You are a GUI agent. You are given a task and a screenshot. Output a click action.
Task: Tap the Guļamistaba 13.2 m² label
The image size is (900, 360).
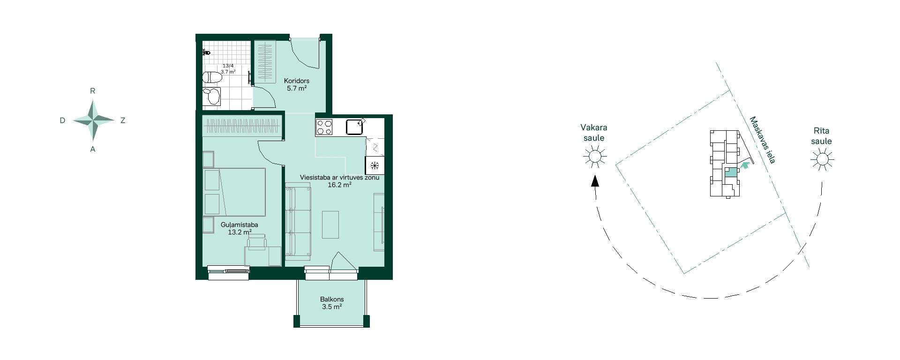(x=240, y=228)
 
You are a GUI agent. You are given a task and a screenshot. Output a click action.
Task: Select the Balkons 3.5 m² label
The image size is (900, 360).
(x=332, y=303)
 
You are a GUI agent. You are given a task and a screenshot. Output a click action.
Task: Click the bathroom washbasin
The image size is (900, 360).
(x=212, y=96)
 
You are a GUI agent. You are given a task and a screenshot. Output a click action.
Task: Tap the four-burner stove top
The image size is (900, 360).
(x=324, y=127)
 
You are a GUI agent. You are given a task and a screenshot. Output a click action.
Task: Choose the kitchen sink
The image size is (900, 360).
(x=355, y=127)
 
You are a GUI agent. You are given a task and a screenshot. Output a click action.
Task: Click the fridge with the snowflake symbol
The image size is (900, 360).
(x=375, y=165)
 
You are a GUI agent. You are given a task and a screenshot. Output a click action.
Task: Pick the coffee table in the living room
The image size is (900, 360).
(x=330, y=225)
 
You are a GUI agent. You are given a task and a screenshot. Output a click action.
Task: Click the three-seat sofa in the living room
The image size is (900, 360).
(x=298, y=224)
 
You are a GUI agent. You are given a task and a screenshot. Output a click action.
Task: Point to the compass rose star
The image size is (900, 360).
(x=94, y=120)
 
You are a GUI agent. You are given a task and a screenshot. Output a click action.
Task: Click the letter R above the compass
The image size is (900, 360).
(x=92, y=91)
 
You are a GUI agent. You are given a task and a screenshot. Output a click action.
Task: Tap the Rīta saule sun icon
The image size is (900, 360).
(x=822, y=159)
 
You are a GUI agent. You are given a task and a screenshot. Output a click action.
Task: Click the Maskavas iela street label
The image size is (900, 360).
(x=762, y=140)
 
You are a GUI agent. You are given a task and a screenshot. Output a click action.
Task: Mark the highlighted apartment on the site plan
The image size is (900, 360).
(x=730, y=172)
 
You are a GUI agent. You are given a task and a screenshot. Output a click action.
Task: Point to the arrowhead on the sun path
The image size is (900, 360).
(x=595, y=181)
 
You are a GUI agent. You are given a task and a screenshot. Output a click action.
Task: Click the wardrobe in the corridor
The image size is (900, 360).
(x=265, y=62)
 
